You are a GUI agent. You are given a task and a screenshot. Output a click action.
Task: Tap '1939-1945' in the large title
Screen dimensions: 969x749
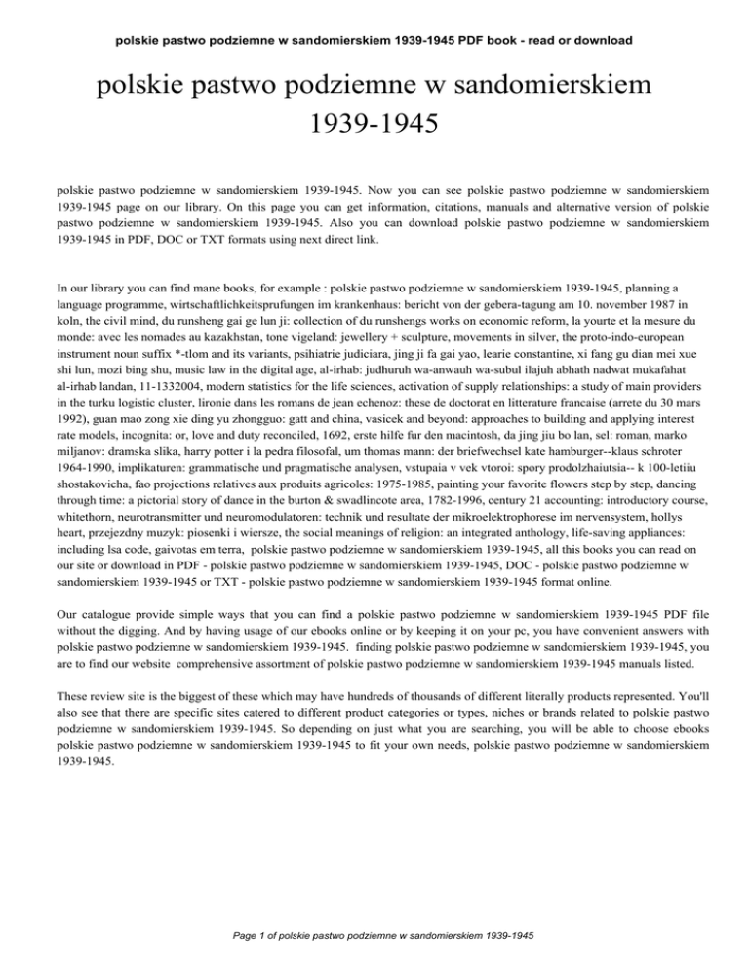374,126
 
